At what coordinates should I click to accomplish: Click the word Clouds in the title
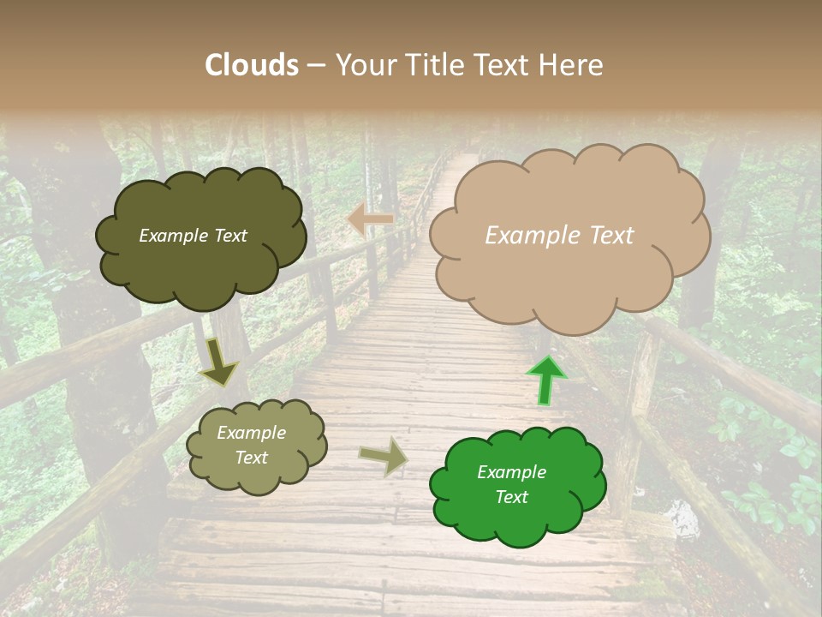click(x=252, y=65)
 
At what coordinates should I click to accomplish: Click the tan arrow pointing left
click(x=370, y=220)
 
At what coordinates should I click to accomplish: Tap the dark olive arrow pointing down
click(x=218, y=363)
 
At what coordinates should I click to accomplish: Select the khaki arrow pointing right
click(x=384, y=457)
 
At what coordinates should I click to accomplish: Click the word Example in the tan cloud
click(x=524, y=236)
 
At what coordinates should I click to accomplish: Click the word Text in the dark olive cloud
click(x=229, y=236)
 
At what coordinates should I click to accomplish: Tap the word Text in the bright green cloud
click(x=511, y=497)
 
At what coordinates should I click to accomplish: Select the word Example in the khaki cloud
click(x=251, y=433)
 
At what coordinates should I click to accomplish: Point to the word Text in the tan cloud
click(x=611, y=236)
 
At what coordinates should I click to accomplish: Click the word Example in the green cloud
click(x=511, y=472)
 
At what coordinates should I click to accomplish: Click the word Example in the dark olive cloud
click(x=172, y=236)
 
